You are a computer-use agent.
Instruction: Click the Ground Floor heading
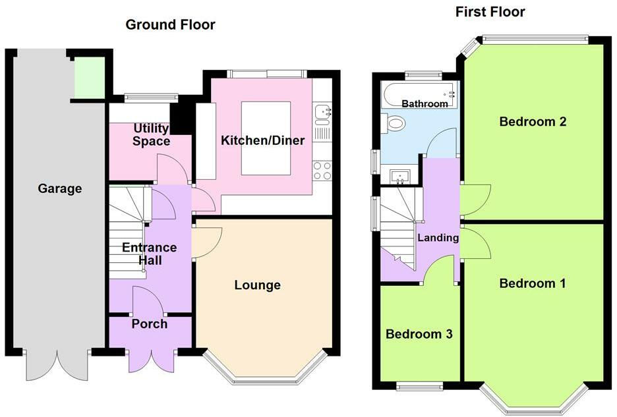(170, 25)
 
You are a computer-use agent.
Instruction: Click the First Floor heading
(490, 12)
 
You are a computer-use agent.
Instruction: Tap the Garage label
(60, 188)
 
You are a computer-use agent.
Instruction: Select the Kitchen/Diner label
(262, 140)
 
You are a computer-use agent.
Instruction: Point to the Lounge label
(257, 285)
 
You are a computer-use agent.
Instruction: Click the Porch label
(150, 323)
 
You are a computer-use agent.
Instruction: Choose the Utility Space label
(152, 134)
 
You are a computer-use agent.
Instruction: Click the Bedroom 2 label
(533, 121)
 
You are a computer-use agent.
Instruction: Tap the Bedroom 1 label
(533, 283)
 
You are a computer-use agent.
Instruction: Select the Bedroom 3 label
(419, 334)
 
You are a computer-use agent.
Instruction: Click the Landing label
(438, 238)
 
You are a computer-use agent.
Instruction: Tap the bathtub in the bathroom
(419, 95)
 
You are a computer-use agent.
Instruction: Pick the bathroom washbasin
(399, 177)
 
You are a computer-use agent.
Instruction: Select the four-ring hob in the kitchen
(322, 171)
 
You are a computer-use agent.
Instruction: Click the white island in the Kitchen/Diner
(266, 138)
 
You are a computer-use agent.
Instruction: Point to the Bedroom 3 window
(419, 386)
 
